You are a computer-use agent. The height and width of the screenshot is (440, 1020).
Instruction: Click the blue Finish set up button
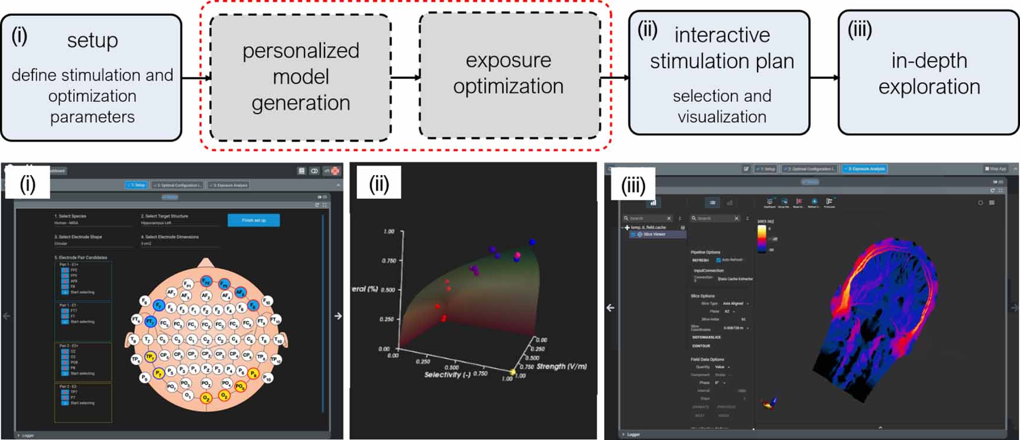click(x=254, y=220)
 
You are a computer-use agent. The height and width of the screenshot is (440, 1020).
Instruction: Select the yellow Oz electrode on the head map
click(x=206, y=398)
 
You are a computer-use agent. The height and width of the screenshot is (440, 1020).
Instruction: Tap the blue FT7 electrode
click(x=150, y=322)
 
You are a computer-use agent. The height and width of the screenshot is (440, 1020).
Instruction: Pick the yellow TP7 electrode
click(x=150, y=357)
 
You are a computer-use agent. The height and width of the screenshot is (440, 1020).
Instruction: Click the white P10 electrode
click(x=268, y=377)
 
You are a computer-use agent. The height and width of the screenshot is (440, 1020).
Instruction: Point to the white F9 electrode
click(x=144, y=301)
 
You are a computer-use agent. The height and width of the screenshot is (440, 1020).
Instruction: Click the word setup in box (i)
click(x=92, y=40)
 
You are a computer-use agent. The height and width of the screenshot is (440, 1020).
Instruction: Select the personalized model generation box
click(x=300, y=77)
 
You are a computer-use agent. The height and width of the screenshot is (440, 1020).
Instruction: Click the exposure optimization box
click(x=509, y=73)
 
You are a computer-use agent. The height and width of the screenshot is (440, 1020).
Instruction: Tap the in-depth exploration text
click(x=929, y=73)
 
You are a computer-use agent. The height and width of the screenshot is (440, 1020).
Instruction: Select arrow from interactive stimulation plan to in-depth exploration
click(x=824, y=77)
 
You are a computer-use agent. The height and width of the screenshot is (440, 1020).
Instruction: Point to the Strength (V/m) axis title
click(x=561, y=367)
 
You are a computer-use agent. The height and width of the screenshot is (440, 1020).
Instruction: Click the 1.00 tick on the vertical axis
click(x=388, y=231)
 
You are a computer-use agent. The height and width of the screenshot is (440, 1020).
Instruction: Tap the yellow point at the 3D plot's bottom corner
click(x=513, y=373)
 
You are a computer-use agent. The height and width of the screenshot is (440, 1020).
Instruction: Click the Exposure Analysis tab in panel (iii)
click(x=864, y=169)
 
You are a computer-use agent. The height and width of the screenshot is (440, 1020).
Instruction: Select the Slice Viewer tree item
click(x=654, y=234)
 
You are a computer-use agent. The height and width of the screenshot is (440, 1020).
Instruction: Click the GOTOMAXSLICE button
click(x=706, y=337)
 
